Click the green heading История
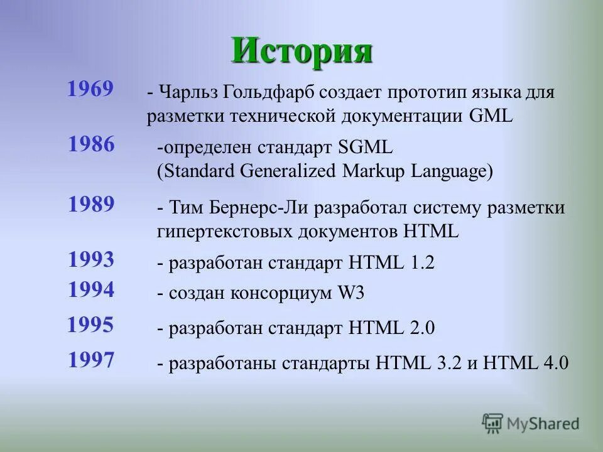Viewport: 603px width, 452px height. (x=301, y=51)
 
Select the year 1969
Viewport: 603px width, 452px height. (x=90, y=89)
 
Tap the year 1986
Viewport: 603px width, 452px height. (x=92, y=144)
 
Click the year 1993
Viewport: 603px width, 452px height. (x=91, y=259)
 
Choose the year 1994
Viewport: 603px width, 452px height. (x=91, y=289)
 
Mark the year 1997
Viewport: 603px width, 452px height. (x=91, y=360)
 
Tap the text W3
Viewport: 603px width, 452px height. (x=351, y=293)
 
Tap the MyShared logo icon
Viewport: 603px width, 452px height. (x=492, y=424)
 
